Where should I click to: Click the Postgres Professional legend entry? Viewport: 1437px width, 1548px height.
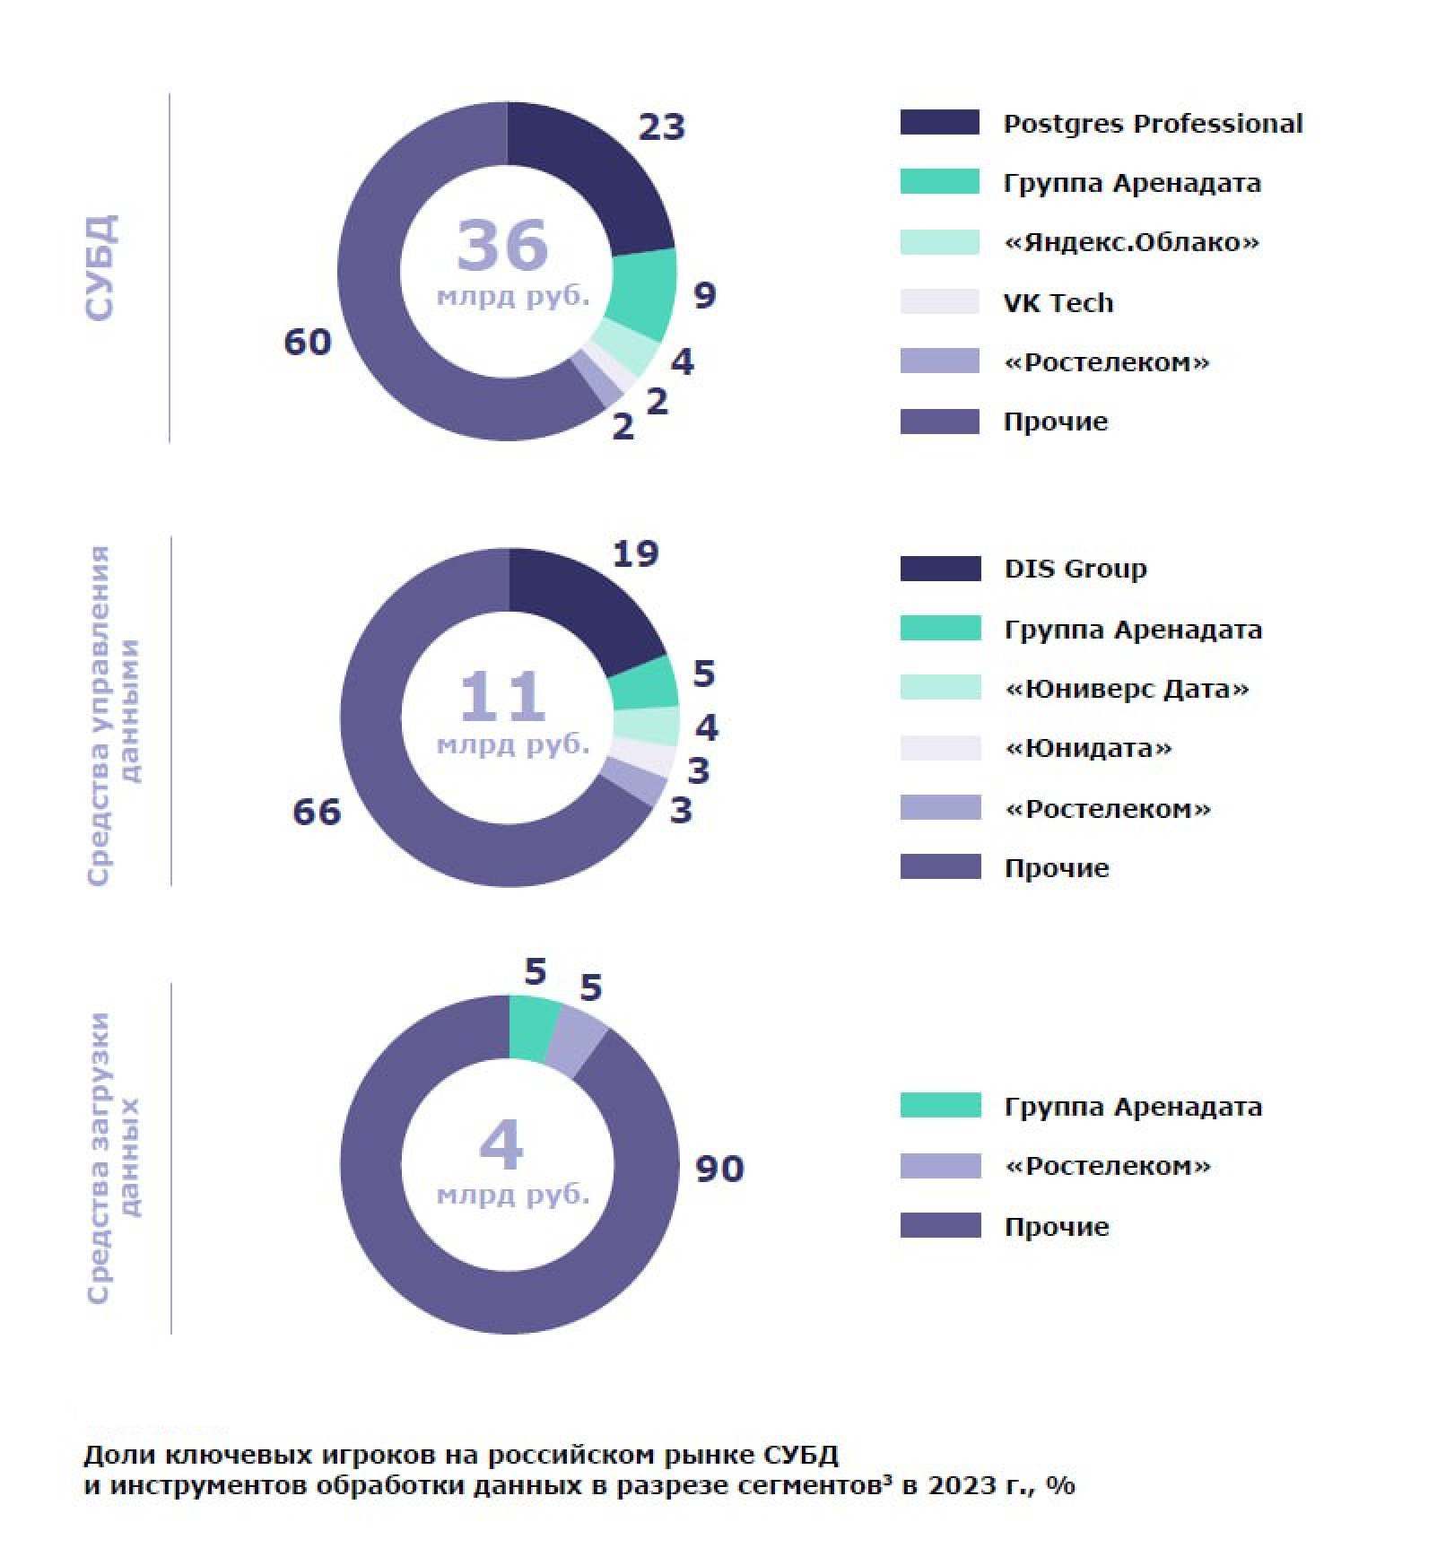pyautogui.click(x=1153, y=124)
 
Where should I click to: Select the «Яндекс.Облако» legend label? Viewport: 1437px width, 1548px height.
pyautogui.click(x=1131, y=242)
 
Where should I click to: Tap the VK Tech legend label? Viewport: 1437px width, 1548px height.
pyautogui.click(x=1058, y=302)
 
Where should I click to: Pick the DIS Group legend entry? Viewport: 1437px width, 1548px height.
pyautogui.click(x=1076, y=570)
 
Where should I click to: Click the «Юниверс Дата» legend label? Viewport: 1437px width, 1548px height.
pyautogui.click(x=1127, y=689)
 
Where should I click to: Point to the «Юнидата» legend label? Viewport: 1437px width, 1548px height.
pyautogui.click(x=1088, y=748)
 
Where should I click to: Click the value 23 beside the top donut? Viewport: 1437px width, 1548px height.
pyautogui.click(x=662, y=126)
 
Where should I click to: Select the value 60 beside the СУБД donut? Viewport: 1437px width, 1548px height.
pyautogui.click(x=308, y=342)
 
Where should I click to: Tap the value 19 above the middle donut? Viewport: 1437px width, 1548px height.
pyautogui.click(x=635, y=553)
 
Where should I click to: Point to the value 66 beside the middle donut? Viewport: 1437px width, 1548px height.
pyautogui.click(x=317, y=812)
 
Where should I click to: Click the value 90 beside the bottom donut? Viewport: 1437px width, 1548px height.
pyautogui.click(x=719, y=1169)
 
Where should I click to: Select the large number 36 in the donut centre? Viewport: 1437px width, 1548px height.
pyautogui.click(x=502, y=245)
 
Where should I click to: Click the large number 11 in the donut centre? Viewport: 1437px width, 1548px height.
pyautogui.click(x=502, y=696)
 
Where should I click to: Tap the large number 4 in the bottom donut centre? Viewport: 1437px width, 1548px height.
pyautogui.click(x=501, y=1145)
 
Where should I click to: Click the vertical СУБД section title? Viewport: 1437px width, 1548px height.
pyautogui.click(x=100, y=266)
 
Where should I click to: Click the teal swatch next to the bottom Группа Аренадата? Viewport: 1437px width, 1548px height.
pyautogui.click(x=940, y=1105)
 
